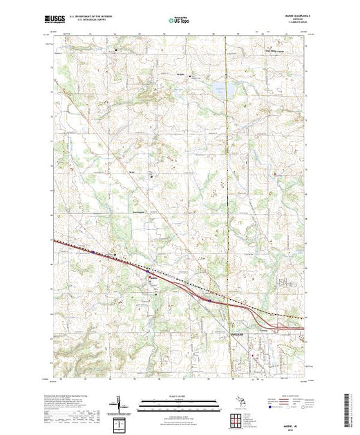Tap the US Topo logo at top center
coord(180,20)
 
